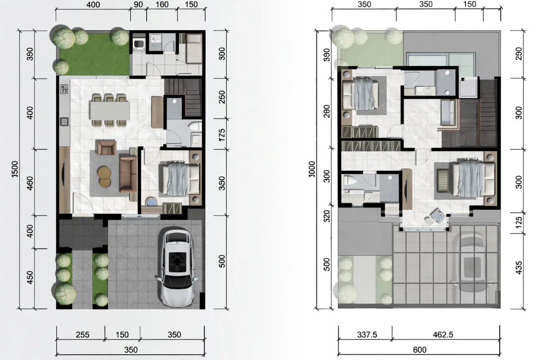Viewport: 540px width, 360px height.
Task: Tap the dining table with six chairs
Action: pos(110,109)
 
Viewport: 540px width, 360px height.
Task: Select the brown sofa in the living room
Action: pos(128,174)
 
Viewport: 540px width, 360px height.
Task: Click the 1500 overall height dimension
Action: pos(15,169)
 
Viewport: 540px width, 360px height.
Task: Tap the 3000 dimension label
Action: pos(313,169)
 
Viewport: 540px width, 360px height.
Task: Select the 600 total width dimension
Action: pos(419,350)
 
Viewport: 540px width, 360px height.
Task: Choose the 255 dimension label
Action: pos(82,335)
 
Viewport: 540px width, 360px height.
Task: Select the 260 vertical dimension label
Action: pos(222,98)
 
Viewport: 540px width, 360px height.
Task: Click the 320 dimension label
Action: pos(327,216)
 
